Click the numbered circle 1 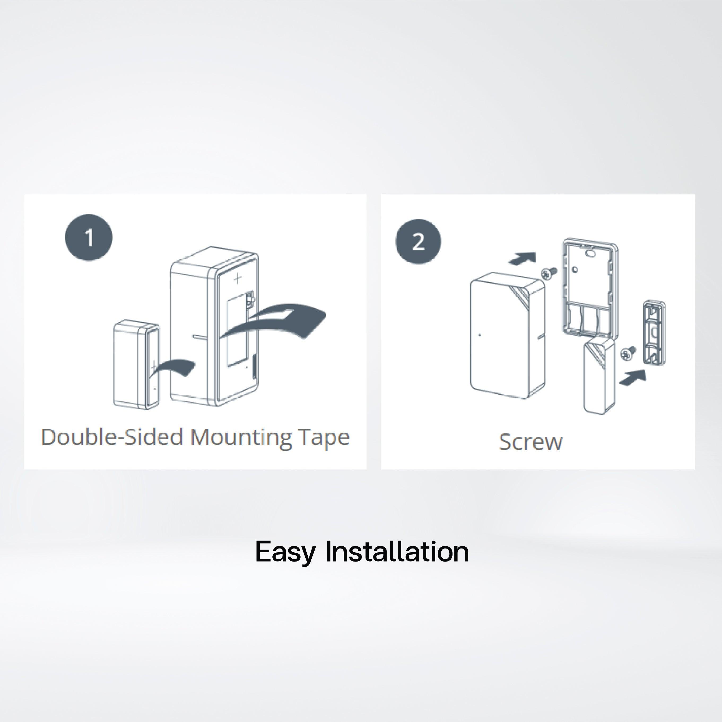point(89,237)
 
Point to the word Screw point(531,442)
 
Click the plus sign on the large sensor point(238,278)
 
